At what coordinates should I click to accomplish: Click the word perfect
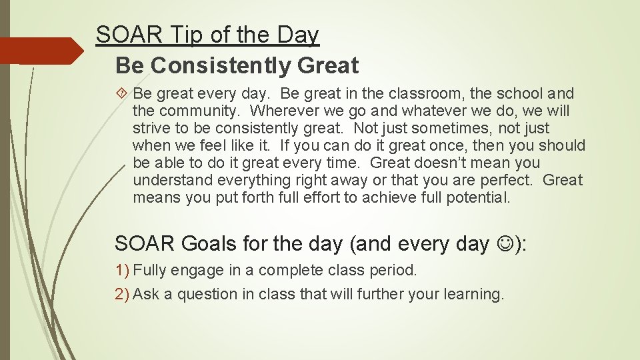[x=507, y=181]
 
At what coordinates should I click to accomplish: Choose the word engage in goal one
[x=197, y=271]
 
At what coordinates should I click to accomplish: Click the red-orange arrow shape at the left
[x=40, y=51]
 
